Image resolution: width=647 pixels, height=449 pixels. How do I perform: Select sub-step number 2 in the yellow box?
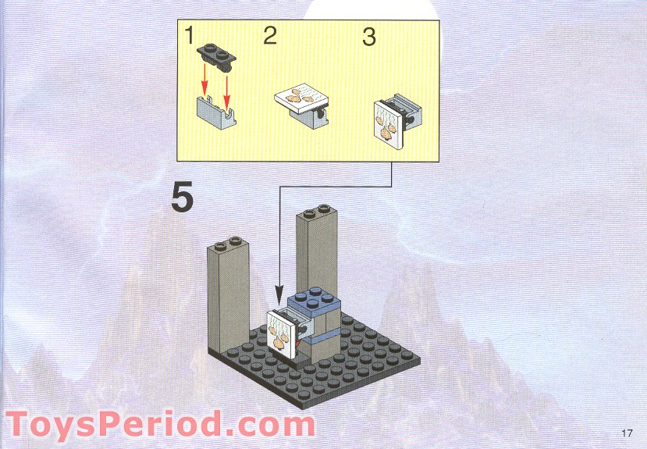click(269, 36)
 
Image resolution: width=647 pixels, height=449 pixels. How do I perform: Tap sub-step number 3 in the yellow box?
click(370, 37)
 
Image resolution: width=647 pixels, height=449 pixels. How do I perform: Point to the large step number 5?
click(182, 198)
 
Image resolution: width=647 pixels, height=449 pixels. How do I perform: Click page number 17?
click(627, 433)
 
